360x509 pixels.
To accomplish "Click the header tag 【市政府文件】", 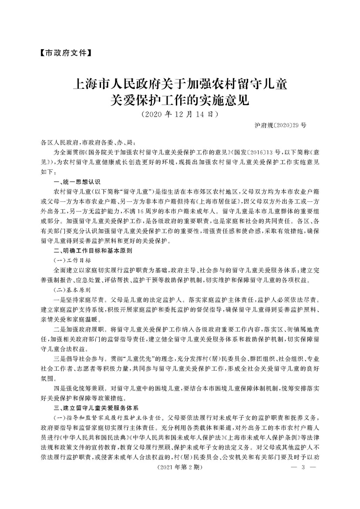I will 65,54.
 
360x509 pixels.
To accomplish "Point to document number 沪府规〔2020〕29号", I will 280,125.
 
